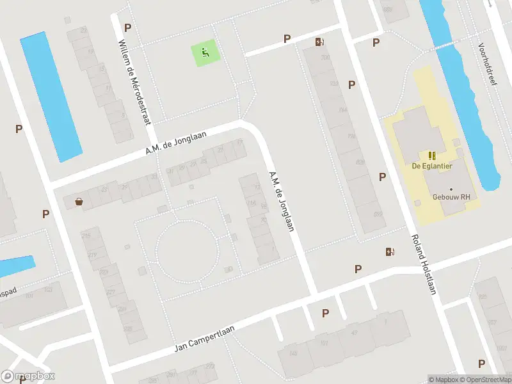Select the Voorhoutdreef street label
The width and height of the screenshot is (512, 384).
click(x=488, y=65)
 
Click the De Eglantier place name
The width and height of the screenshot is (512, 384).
click(x=433, y=167)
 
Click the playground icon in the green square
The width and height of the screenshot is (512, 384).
click(x=205, y=53)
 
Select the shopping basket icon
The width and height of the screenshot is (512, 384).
click(x=79, y=202)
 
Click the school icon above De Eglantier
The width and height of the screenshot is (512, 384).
click(x=432, y=156)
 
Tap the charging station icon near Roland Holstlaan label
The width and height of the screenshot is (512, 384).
click(x=390, y=252)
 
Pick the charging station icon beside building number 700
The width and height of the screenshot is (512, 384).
click(x=319, y=42)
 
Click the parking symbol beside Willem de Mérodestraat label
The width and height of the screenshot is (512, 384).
click(x=127, y=28)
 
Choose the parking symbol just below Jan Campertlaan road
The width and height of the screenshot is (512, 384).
click(x=326, y=313)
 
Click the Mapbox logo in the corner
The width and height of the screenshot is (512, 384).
click(x=28, y=376)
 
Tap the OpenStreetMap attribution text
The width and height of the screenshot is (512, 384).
click(x=486, y=380)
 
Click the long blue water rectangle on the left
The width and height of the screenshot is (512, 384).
click(x=51, y=97)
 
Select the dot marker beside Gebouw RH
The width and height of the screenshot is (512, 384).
click(x=451, y=189)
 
